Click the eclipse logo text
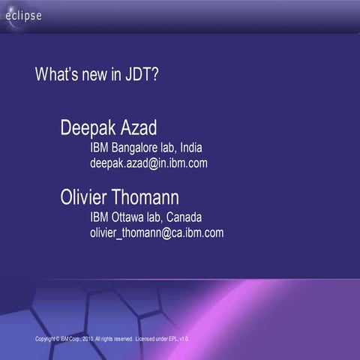[x=24, y=16]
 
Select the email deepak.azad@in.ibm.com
[x=148, y=162]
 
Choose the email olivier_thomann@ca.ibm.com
[x=157, y=232]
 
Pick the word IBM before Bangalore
[x=99, y=148]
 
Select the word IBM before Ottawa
[x=99, y=217]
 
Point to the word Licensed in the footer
[x=148, y=339]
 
